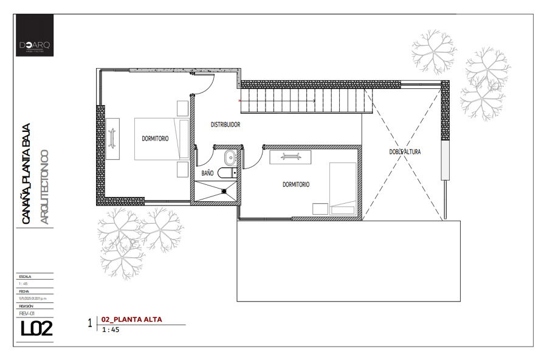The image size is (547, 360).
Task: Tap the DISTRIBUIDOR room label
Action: click(x=225, y=125)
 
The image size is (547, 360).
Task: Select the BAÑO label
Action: click(x=207, y=173)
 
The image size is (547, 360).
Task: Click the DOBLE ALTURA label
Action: click(x=405, y=152)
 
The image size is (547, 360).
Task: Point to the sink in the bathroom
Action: click(x=230, y=158)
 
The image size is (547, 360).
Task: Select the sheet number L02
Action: click(x=36, y=329)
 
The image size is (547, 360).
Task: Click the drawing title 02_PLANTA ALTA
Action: click(x=127, y=319)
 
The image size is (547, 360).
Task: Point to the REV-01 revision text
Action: click(x=28, y=314)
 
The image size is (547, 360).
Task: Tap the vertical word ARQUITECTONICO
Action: click(x=44, y=182)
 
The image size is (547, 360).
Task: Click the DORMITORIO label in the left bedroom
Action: click(x=156, y=139)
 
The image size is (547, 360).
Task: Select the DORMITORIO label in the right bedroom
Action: click(x=296, y=184)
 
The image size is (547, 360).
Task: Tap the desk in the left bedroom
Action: click(x=113, y=138)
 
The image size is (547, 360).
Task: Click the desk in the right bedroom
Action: click(x=290, y=157)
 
